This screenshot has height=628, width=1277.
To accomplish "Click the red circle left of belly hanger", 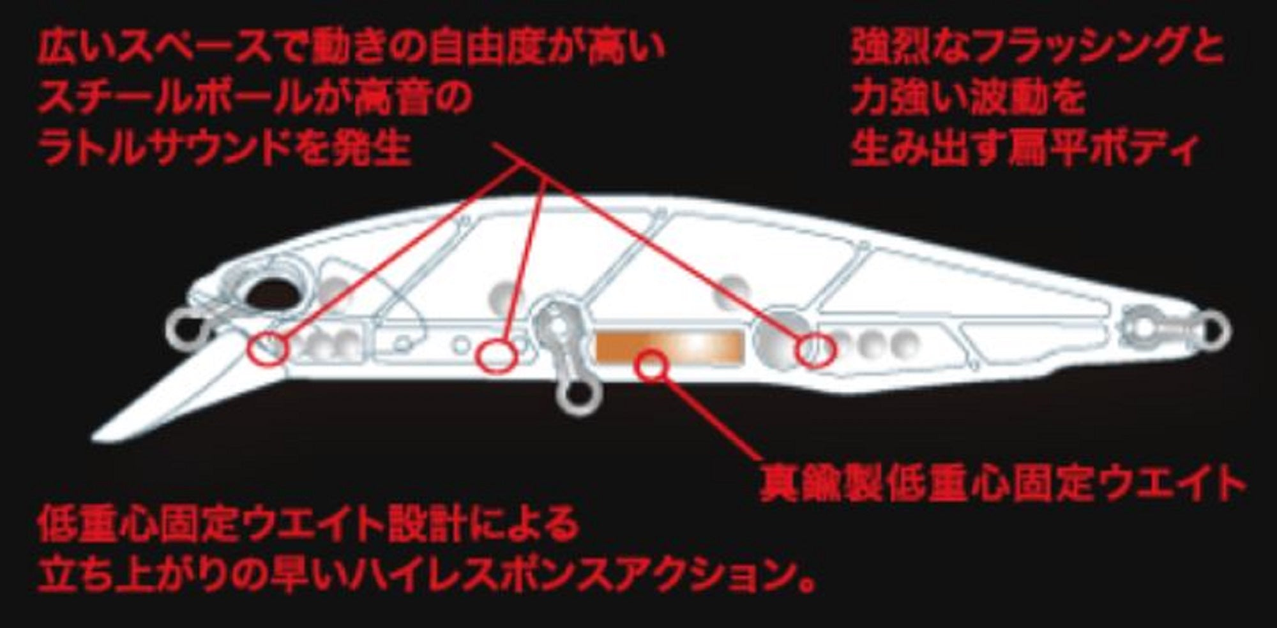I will pos(497,354).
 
